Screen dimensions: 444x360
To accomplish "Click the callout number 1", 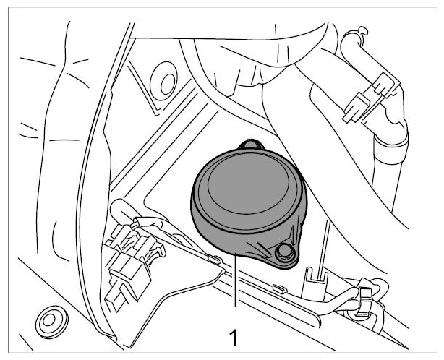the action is pyautogui.click(x=233, y=338).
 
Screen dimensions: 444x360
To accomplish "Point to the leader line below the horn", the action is pyautogui.click(x=235, y=279).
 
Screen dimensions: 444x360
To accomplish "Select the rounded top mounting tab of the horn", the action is pyautogui.click(x=251, y=144).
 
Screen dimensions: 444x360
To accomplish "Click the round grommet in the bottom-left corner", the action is pyautogui.click(x=52, y=322).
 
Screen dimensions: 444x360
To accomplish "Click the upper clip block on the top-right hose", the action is pyautogui.click(x=385, y=84).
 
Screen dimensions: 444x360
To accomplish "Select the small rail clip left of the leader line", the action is pyautogui.click(x=214, y=259).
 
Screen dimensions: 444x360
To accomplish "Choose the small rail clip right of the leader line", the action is pyautogui.click(x=280, y=288).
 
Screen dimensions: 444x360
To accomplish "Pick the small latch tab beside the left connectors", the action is pyautogui.click(x=161, y=249).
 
